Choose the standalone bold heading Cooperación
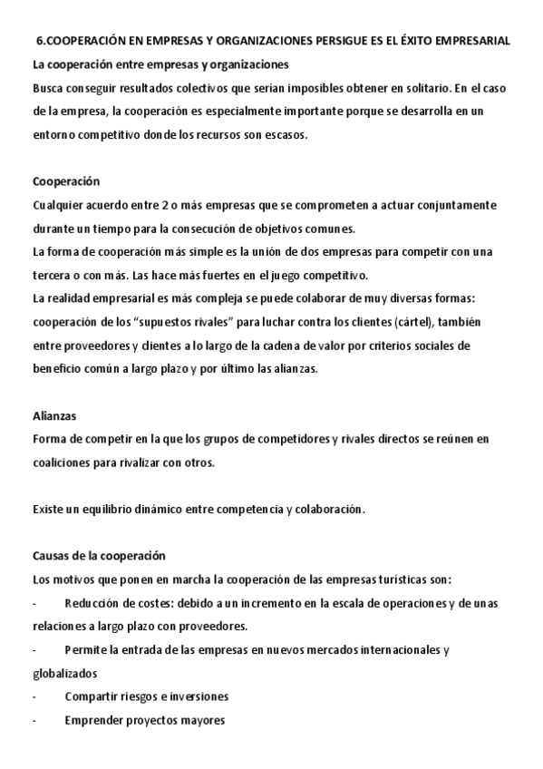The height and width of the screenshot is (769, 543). click(66, 181)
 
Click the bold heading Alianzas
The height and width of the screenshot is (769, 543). click(54, 416)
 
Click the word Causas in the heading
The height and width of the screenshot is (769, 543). click(52, 556)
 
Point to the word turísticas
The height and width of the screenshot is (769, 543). click(380, 579)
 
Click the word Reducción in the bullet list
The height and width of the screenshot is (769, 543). click(95, 603)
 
